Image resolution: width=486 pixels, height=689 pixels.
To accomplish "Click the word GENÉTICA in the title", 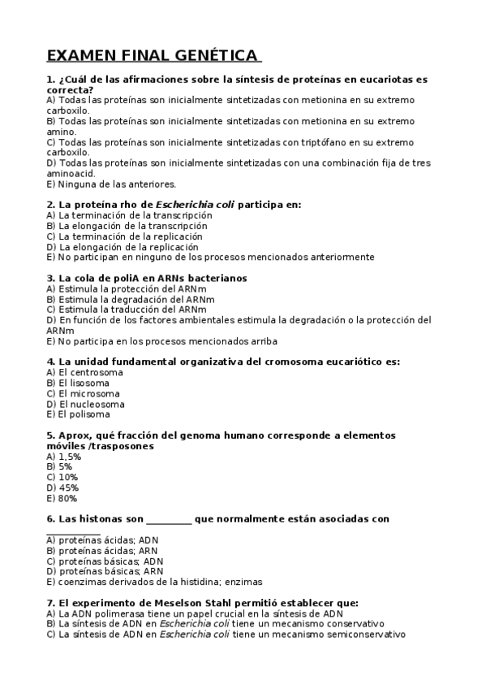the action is click(215, 56).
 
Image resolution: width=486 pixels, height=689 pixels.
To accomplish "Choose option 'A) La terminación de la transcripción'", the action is click(130, 215).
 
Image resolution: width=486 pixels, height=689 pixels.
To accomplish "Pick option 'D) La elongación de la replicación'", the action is click(123, 246).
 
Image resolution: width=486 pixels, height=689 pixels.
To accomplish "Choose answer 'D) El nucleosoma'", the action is click(86, 404).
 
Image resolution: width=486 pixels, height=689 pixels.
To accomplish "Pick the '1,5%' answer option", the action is click(64, 457).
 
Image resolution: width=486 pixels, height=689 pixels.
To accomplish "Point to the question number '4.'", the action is click(51, 362).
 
